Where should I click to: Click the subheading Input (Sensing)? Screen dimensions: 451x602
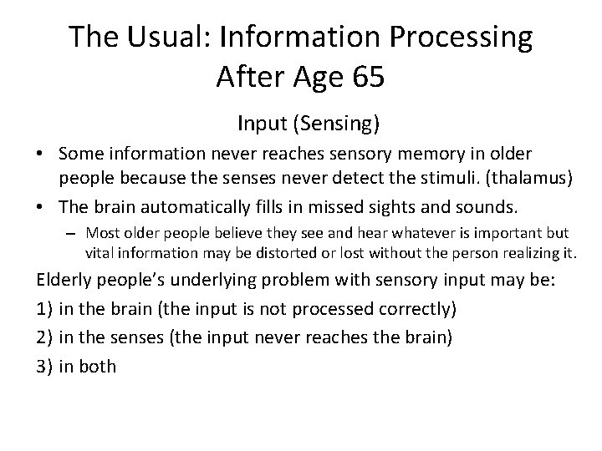(309, 124)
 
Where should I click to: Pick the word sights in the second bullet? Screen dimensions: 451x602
(361, 206)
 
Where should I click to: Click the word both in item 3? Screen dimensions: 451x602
(97, 365)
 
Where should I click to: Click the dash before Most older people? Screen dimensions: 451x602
(72, 233)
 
